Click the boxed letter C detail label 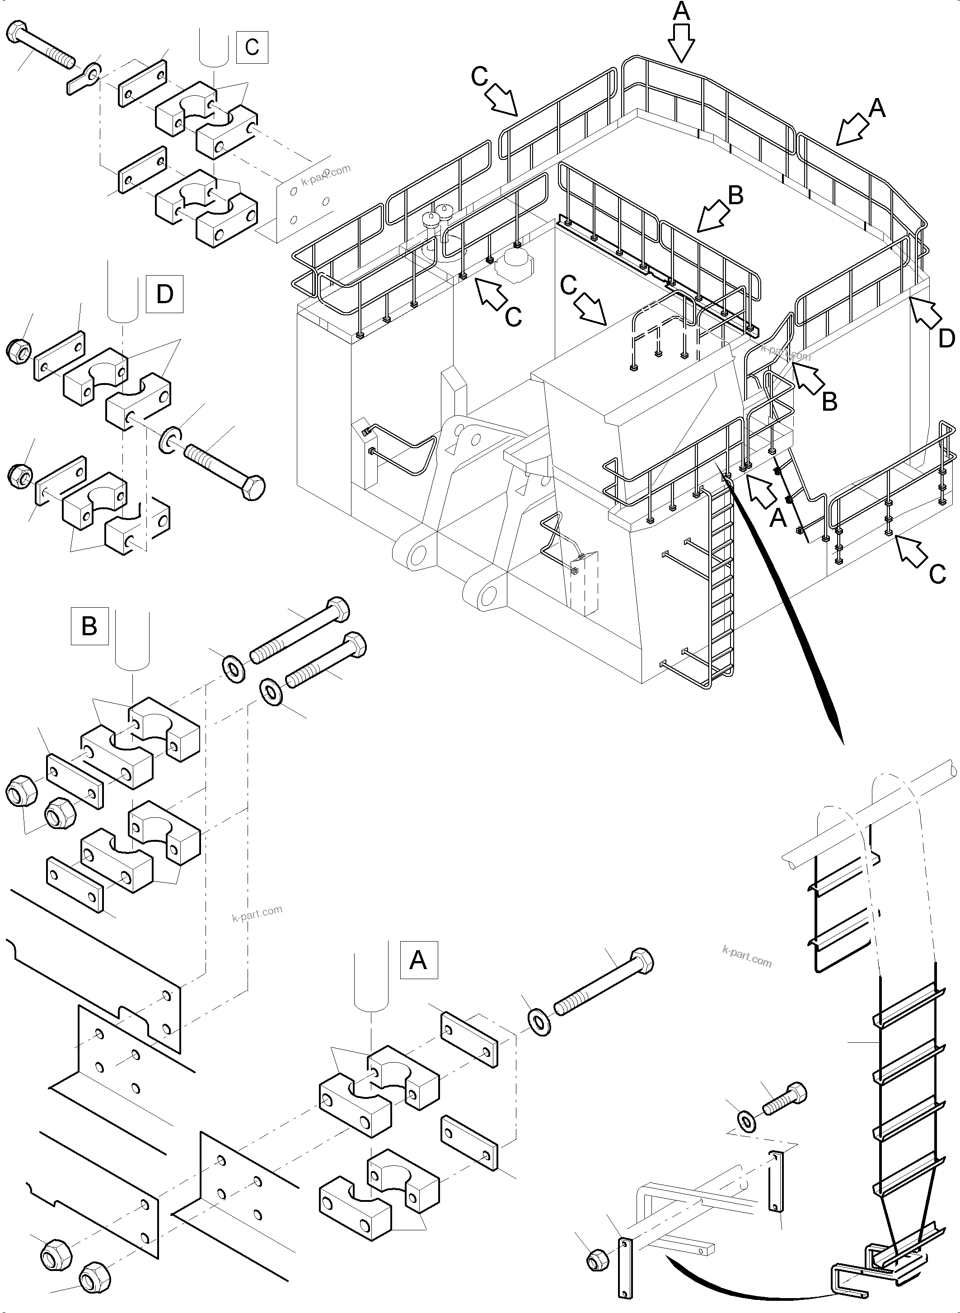[252, 47]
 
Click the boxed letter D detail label [164, 294]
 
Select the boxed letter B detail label [89, 626]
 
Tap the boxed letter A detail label [418, 960]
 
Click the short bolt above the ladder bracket [785, 1099]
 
